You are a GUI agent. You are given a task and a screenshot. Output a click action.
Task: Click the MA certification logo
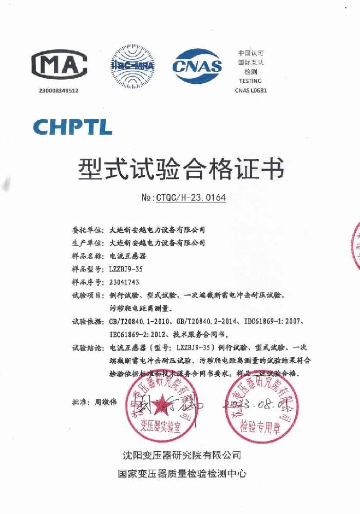[x=59, y=64]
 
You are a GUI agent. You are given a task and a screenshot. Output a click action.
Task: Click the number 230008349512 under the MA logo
[x=59, y=90]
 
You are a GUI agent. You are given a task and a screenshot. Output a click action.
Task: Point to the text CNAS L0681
[x=251, y=90]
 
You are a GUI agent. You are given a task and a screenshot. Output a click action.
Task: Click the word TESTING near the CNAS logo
[x=250, y=81]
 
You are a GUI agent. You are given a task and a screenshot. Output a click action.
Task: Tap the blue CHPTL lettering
[x=72, y=126]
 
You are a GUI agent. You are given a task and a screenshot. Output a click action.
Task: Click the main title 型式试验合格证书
[x=180, y=169]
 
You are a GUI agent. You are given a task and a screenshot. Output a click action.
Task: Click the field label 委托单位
[x=89, y=229]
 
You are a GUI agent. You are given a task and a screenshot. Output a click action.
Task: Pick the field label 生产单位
[x=89, y=243]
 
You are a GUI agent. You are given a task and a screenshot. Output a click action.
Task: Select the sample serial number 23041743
[x=124, y=282]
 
